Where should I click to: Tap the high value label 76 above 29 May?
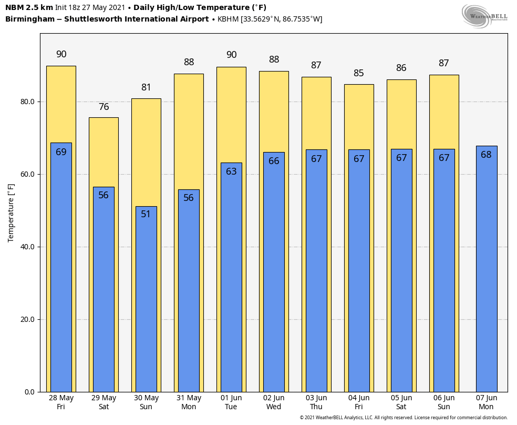[104, 107]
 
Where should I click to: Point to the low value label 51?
[146, 214]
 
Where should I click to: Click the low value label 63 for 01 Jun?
[231, 171]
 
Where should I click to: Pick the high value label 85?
[359, 73]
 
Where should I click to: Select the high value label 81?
[146, 87]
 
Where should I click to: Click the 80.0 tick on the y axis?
[27, 102]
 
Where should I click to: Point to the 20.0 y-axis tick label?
[27, 319]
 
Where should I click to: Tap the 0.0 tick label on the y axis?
[29, 392]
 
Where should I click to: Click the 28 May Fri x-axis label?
[61, 402]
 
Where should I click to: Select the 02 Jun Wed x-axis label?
[274, 402]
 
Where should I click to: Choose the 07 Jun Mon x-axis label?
[486, 402]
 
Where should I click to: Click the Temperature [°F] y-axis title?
[11, 212]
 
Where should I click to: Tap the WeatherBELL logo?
[484, 16]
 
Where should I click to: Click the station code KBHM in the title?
[228, 19]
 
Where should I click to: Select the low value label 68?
[486, 155]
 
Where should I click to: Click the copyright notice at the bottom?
[404, 418]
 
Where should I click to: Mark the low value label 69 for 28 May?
[61, 152]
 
